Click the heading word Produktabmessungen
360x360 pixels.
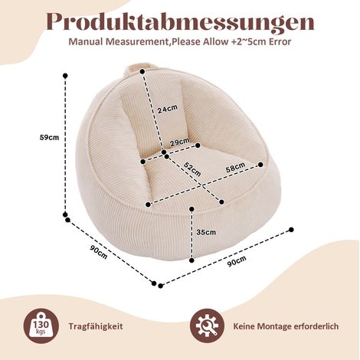tap(180, 21)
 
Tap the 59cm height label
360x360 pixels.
tap(49, 137)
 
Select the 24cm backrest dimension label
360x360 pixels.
tap(167, 109)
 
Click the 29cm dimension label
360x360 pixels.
tap(180, 142)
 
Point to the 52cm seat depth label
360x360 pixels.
tap(192, 169)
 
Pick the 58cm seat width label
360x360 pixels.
tap(235, 167)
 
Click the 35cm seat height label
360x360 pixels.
tap(206, 232)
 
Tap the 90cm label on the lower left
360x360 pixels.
tap(99, 252)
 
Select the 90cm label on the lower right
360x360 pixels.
tap(237, 261)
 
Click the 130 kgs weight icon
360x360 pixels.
tap(41, 326)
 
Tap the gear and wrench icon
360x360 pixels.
tap(208, 326)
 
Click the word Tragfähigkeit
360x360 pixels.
tap(96, 326)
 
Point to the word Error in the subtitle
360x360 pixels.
tap(280, 41)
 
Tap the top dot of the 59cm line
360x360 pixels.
tap(65, 76)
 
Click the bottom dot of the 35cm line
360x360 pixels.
tap(191, 260)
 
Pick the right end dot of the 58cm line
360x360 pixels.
tap(260, 165)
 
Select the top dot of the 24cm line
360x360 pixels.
tap(142, 72)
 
